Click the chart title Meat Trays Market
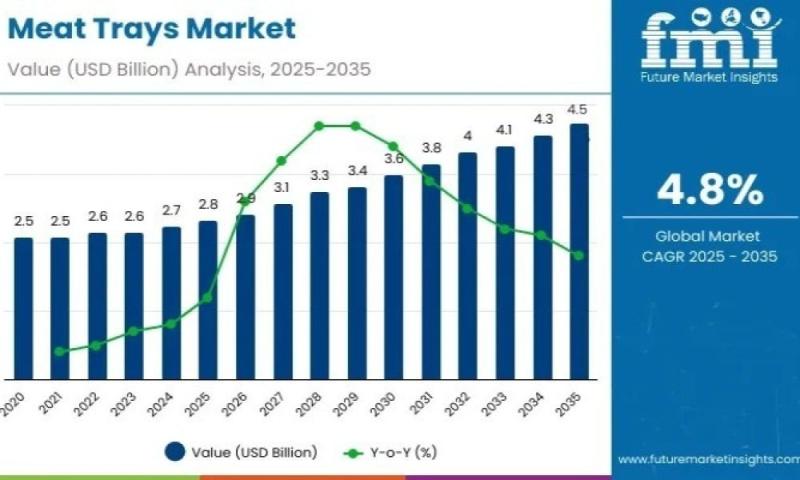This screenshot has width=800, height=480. click(x=151, y=29)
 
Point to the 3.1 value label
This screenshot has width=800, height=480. click(x=282, y=188)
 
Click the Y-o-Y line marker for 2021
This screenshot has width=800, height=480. click(x=60, y=351)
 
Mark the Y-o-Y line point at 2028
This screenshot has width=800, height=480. click(x=319, y=125)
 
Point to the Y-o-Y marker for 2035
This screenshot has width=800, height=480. click(x=579, y=255)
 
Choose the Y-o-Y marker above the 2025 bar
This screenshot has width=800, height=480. click(x=208, y=297)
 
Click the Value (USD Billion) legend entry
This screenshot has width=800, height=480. click(x=244, y=453)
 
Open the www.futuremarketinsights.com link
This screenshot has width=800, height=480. click(x=708, y=460)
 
